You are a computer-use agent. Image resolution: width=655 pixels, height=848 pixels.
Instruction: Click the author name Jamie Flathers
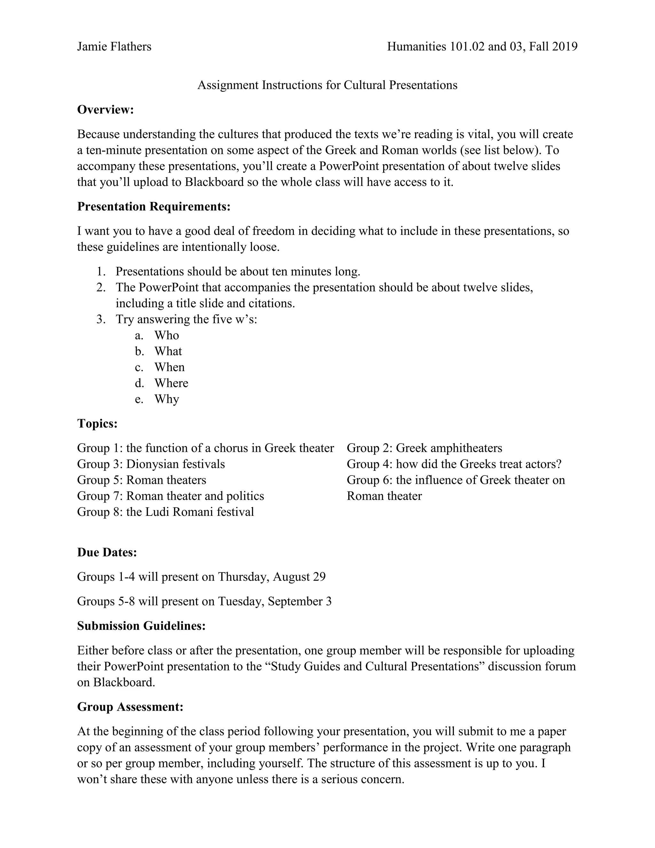(x=114, y=47)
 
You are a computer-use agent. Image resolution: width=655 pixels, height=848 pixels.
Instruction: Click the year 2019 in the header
(x=564, y=47)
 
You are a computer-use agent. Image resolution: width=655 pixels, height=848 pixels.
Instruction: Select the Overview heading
(x=106, y=110)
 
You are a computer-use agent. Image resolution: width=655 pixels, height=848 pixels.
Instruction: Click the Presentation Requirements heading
(x=154, y=207)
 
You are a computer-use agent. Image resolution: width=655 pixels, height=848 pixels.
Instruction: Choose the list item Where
(x=171, y=383)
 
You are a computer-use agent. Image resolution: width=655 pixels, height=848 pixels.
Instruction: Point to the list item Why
(x=166, y=399)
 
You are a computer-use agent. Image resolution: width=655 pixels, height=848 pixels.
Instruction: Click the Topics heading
(x=97, y=424)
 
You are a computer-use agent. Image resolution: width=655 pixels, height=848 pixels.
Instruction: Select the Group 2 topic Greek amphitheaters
(x=449, y=448)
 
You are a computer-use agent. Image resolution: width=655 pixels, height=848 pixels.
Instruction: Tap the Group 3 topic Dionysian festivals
(x=175, y=464)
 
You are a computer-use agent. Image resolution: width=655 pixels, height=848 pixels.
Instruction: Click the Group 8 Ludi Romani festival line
(x=165, y=512)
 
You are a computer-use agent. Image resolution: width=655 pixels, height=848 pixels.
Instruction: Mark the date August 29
(x=299, y=577)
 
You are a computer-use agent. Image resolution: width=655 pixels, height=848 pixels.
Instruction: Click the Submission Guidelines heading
(x=141, y=626)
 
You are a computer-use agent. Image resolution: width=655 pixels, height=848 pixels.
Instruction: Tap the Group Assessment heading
(x=130, y=707)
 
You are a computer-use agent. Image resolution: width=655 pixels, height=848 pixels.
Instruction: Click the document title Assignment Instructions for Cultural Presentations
(x=327, y=85)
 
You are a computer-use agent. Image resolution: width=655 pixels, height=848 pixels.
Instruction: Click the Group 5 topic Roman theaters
(x=166, y=480)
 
